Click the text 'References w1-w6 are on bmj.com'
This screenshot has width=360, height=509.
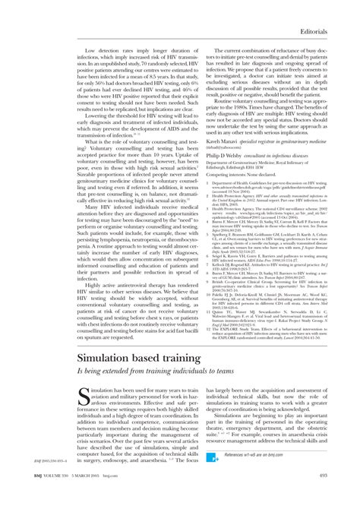point(248,475)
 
